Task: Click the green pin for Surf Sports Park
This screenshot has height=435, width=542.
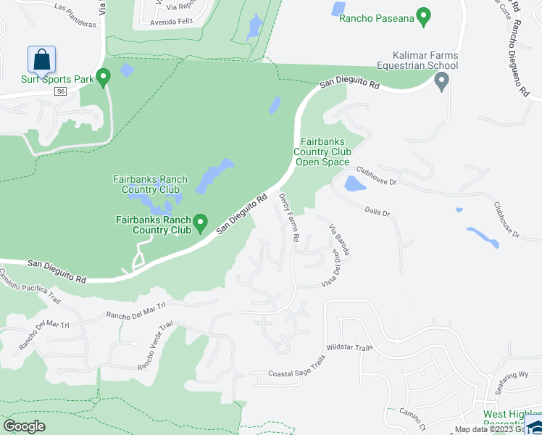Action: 104,76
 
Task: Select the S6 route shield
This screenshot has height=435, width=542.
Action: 61,91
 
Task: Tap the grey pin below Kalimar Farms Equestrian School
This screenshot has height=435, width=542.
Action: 441,83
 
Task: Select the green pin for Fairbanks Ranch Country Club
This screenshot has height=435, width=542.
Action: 202,222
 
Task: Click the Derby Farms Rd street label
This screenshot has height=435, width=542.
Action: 289,217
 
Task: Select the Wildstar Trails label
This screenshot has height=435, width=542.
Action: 349,348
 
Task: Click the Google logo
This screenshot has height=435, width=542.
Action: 24,426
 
